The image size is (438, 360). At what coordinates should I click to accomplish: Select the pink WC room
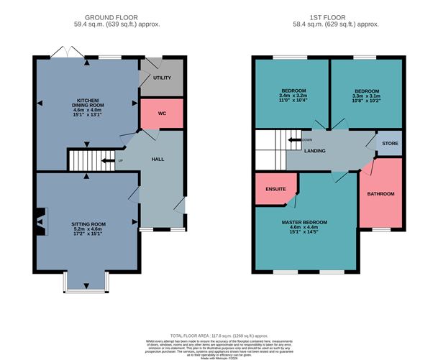click(161, 114)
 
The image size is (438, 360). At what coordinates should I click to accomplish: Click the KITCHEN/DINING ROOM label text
click(86, 105)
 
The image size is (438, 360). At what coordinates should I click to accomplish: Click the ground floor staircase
click(82, 160)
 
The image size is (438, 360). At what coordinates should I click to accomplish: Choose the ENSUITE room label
click(275, 190)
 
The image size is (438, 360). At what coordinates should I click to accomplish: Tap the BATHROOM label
click(380, 193)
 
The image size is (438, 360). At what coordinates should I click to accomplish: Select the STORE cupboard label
click(390, 143)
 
